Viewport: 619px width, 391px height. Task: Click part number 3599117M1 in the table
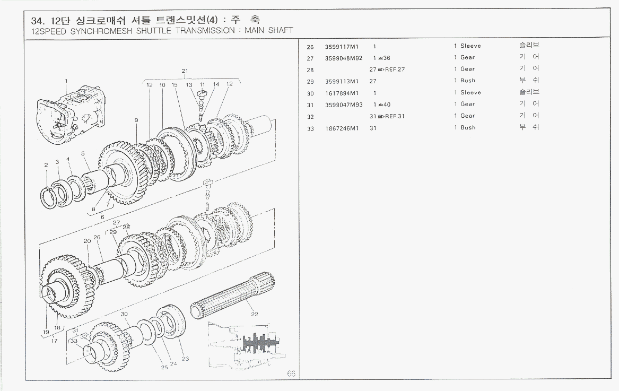[342, 46]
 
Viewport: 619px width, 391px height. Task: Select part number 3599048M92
[343, 58]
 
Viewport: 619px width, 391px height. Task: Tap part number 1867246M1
[342, 128]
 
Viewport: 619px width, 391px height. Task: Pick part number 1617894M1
[342, 93]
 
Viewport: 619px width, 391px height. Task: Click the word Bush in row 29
[468, 81]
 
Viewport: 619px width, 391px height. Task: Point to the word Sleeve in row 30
[470, 93]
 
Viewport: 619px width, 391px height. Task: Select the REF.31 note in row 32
[395, 116]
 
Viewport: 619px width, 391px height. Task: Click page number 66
[291, 373]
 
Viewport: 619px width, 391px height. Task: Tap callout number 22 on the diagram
[255, 314]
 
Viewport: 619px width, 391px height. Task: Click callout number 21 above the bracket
[185, 71]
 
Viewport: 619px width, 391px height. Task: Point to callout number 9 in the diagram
[136, 120]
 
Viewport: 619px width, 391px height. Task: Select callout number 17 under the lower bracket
[54, 341]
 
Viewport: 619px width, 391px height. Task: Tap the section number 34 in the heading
[37, 21]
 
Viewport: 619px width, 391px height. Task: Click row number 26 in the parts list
[310, 46]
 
